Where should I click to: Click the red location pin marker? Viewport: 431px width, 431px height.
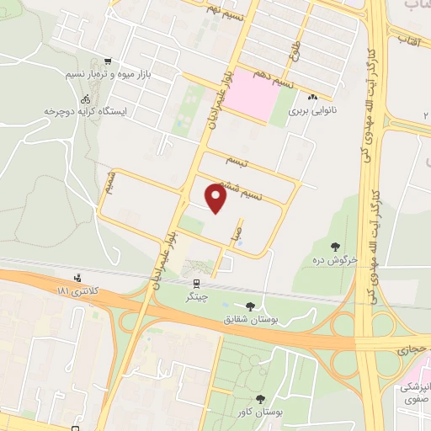tap(216, 198)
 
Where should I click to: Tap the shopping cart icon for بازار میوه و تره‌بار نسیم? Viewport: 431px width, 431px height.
tap(107, 61)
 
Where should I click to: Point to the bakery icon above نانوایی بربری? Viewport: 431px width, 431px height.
tap(311, 97)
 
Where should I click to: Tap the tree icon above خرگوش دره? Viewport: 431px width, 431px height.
tap(336, 246)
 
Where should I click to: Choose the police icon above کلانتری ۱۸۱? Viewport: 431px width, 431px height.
tap(78, 277)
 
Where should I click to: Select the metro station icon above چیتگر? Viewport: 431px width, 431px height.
tap(195, 284)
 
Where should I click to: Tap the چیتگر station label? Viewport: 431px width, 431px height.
tap(194, 297)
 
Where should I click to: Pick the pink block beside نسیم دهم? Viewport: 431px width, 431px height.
tap(253, 95)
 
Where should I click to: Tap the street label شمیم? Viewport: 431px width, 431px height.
tap(109, 186)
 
